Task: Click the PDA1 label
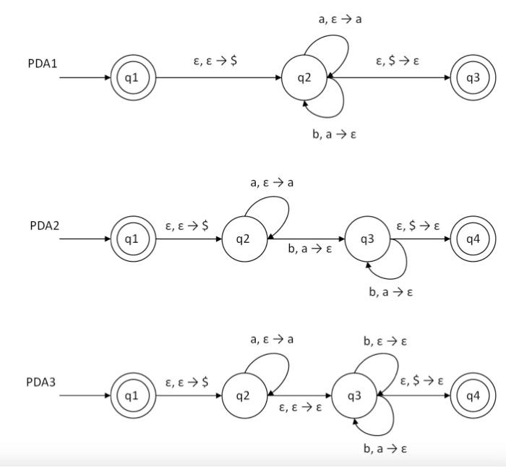pyautogui.click(x=43, y=64)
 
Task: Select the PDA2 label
pyautogui.click(x=44, y=226)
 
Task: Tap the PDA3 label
pyautogui.click(x=41, y=382)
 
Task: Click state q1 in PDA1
pyautogui.click(x=132, y=77)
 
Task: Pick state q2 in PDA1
pyautogui.click(x=304, y=77)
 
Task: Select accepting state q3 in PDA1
pyautogui.click(x=473, y=77)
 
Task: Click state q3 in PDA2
pyautogui.click(x=367, y=239)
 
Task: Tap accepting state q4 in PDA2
pyautogui.click(x=473, y=239)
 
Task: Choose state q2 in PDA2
pyautogui.click(x=244, y=239)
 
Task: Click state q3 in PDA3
pyautogui.click(x=354, y=395)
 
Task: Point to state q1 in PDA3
pyautogui.click(x=132, y=395)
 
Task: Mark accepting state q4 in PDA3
pyautogui.click(x=473, y=395)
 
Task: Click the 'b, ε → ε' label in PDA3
pyautogui.click(x=385, y=341)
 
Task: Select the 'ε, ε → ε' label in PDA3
pyautogui.click(x=301, y=408)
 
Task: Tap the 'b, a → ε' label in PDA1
pyautogui.click(x=334, y=134)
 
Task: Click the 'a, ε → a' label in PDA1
pyautogui.click(x=340, y=20)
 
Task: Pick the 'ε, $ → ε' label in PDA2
pyautogui.click(x=418, y=226)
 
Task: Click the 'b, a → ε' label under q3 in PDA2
pyautogui.click(x=390, y=292)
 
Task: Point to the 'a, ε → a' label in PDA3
pyautogui.click(x=272, y=339)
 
